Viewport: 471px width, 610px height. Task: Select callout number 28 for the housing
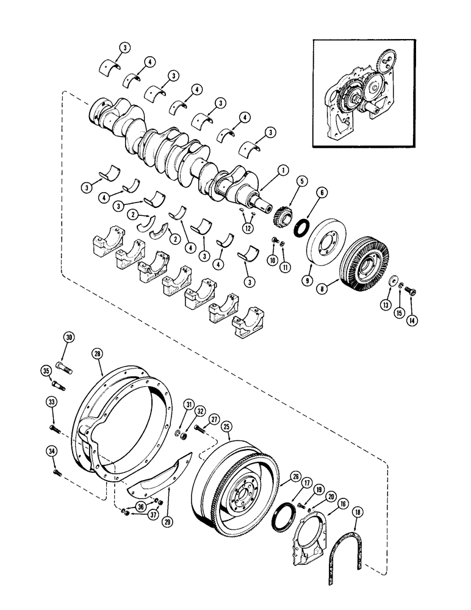tap(97, 354)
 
